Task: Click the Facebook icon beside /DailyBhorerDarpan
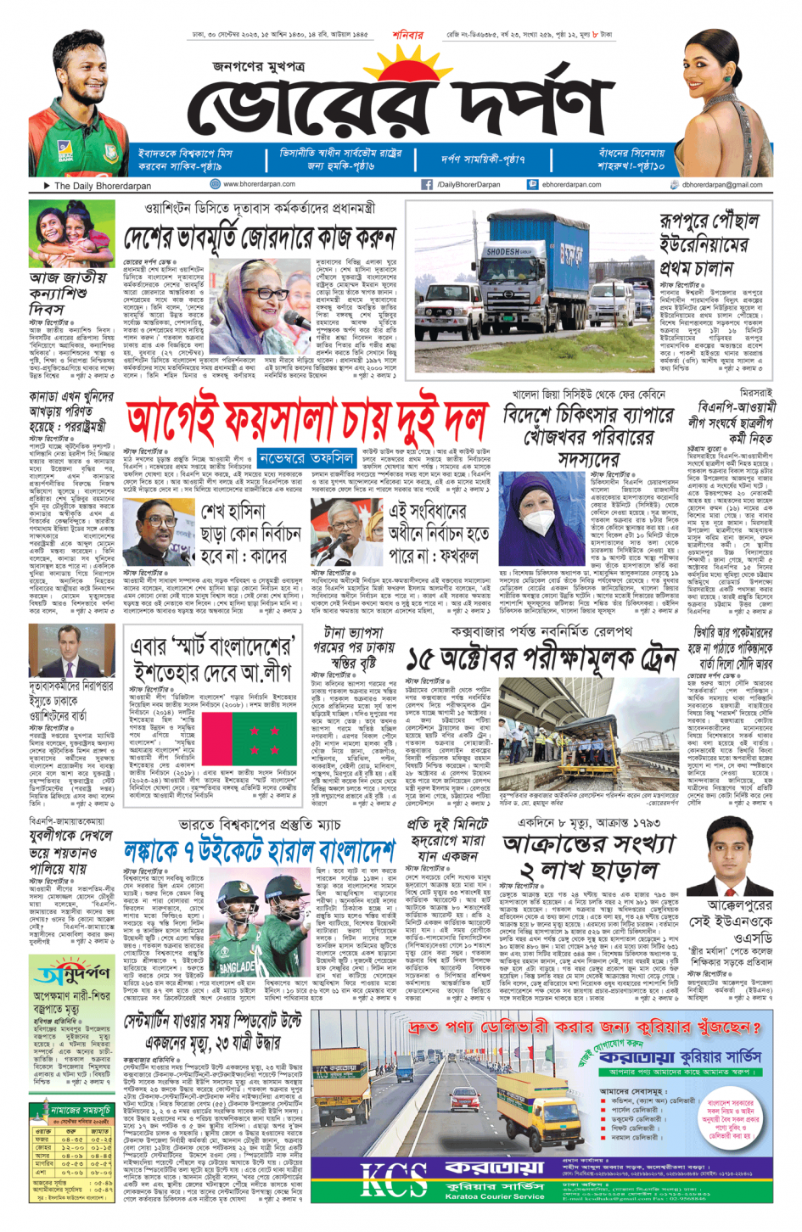427,184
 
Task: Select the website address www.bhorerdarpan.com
259,184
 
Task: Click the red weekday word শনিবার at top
407,36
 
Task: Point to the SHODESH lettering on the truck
502,252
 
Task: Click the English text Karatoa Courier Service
494,1196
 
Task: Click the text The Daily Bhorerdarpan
102,185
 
